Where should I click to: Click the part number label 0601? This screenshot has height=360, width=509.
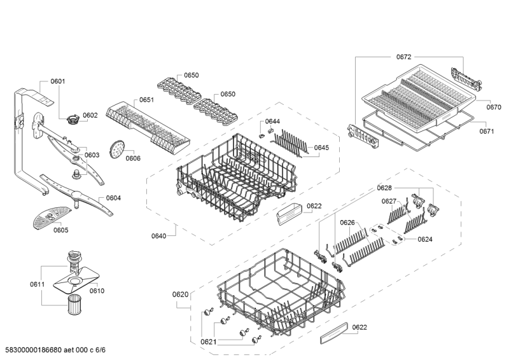point(58,81)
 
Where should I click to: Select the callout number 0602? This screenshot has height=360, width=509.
point(90,116)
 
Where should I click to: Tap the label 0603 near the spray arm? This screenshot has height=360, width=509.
point(92,155)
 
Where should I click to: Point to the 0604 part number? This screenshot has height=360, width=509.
point(113,198)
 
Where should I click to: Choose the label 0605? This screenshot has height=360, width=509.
point(61,231)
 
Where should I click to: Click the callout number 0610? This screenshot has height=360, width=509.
point(97,291)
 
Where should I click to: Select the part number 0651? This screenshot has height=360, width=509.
point(146,100)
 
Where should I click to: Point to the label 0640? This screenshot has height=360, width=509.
point(158,236)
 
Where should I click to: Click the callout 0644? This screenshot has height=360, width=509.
point(272,121)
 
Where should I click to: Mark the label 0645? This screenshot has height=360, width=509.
point(321,148)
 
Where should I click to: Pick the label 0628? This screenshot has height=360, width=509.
point(384,188)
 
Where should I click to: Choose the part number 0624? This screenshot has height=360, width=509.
point(425,239)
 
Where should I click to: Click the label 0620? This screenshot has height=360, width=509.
point(180,294)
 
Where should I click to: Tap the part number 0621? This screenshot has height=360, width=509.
point(210,342)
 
